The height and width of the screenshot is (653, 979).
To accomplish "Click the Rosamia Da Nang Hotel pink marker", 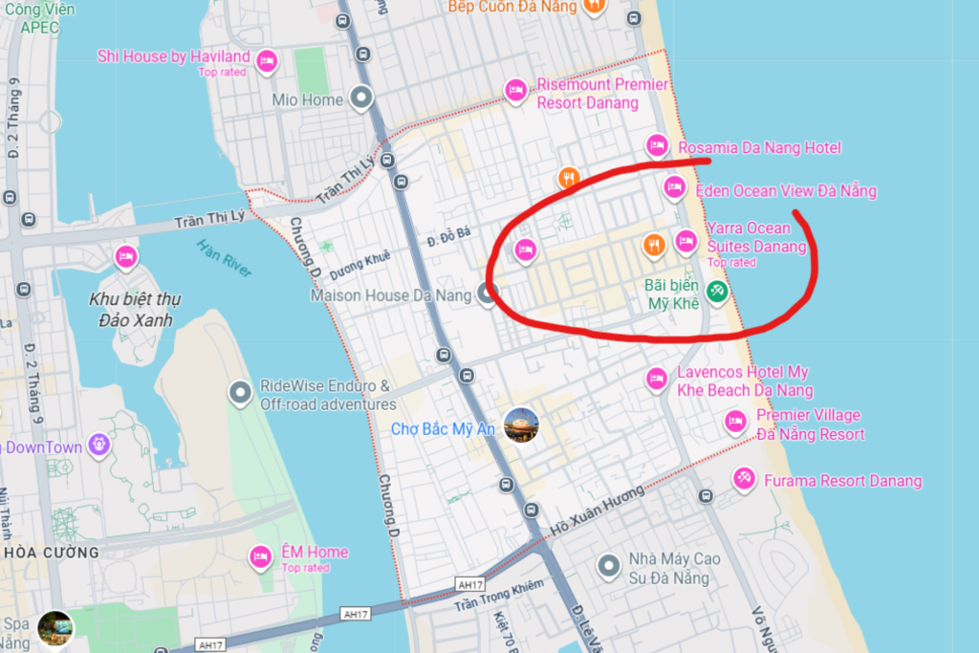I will [657, 145].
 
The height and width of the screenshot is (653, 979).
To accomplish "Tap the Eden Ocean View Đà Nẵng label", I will [786, 191].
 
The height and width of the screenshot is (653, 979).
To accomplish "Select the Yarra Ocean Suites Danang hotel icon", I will [685, 241].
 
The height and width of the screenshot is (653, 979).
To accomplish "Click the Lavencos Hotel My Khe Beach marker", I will [656, 379].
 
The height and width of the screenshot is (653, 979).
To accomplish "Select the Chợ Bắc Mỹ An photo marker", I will [521, 424].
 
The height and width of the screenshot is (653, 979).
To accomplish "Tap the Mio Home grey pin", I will [360, 97].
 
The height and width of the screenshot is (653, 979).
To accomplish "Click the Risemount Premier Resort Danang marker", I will [515, 91].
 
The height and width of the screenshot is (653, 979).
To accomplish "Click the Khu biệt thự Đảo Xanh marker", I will [125, 256].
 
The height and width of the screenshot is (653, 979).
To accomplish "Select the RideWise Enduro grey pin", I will [240, 393].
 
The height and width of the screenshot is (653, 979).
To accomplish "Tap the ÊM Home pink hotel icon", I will [260, 555].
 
